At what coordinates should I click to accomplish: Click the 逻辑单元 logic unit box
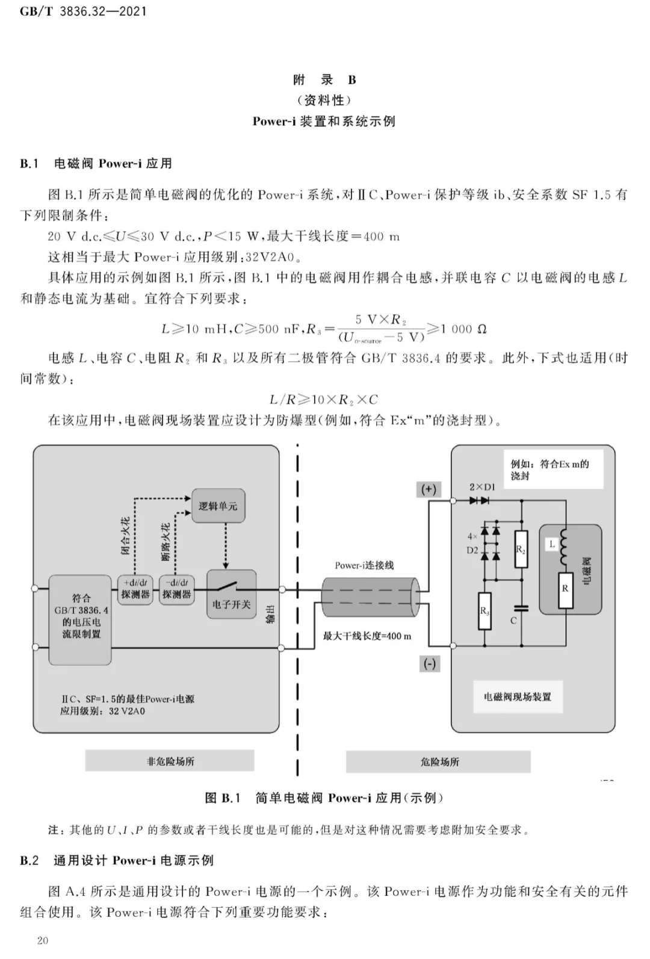coord(218,505)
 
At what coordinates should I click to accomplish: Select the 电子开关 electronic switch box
coord(232,594)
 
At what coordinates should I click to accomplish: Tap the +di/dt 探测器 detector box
coord(135,589)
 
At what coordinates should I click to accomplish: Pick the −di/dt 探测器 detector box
coord(177,589)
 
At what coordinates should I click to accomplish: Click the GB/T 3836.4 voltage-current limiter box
coord(80,619)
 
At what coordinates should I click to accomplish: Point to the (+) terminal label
coord(429,489)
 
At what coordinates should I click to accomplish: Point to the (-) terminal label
coord(429,664)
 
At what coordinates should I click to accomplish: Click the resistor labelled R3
coord(484,611)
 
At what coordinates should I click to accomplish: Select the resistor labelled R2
coord(521,549)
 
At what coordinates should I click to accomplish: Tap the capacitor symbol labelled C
coord(521,608)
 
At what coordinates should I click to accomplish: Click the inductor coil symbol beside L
coord(563,548)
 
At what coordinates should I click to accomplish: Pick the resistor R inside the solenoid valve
coord(565,590)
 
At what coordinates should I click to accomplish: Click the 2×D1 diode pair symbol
coord(479,500)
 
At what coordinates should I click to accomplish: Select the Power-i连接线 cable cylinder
coord(371,597)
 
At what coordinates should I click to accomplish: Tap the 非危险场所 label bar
coord(170,761)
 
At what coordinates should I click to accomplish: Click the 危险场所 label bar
coord(438,762)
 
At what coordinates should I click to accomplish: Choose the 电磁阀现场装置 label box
coord(518,697)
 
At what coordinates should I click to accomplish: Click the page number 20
coord(43,940)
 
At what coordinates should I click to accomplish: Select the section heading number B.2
coord(29,860)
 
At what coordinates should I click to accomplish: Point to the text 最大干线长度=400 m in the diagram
coord(367,636)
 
